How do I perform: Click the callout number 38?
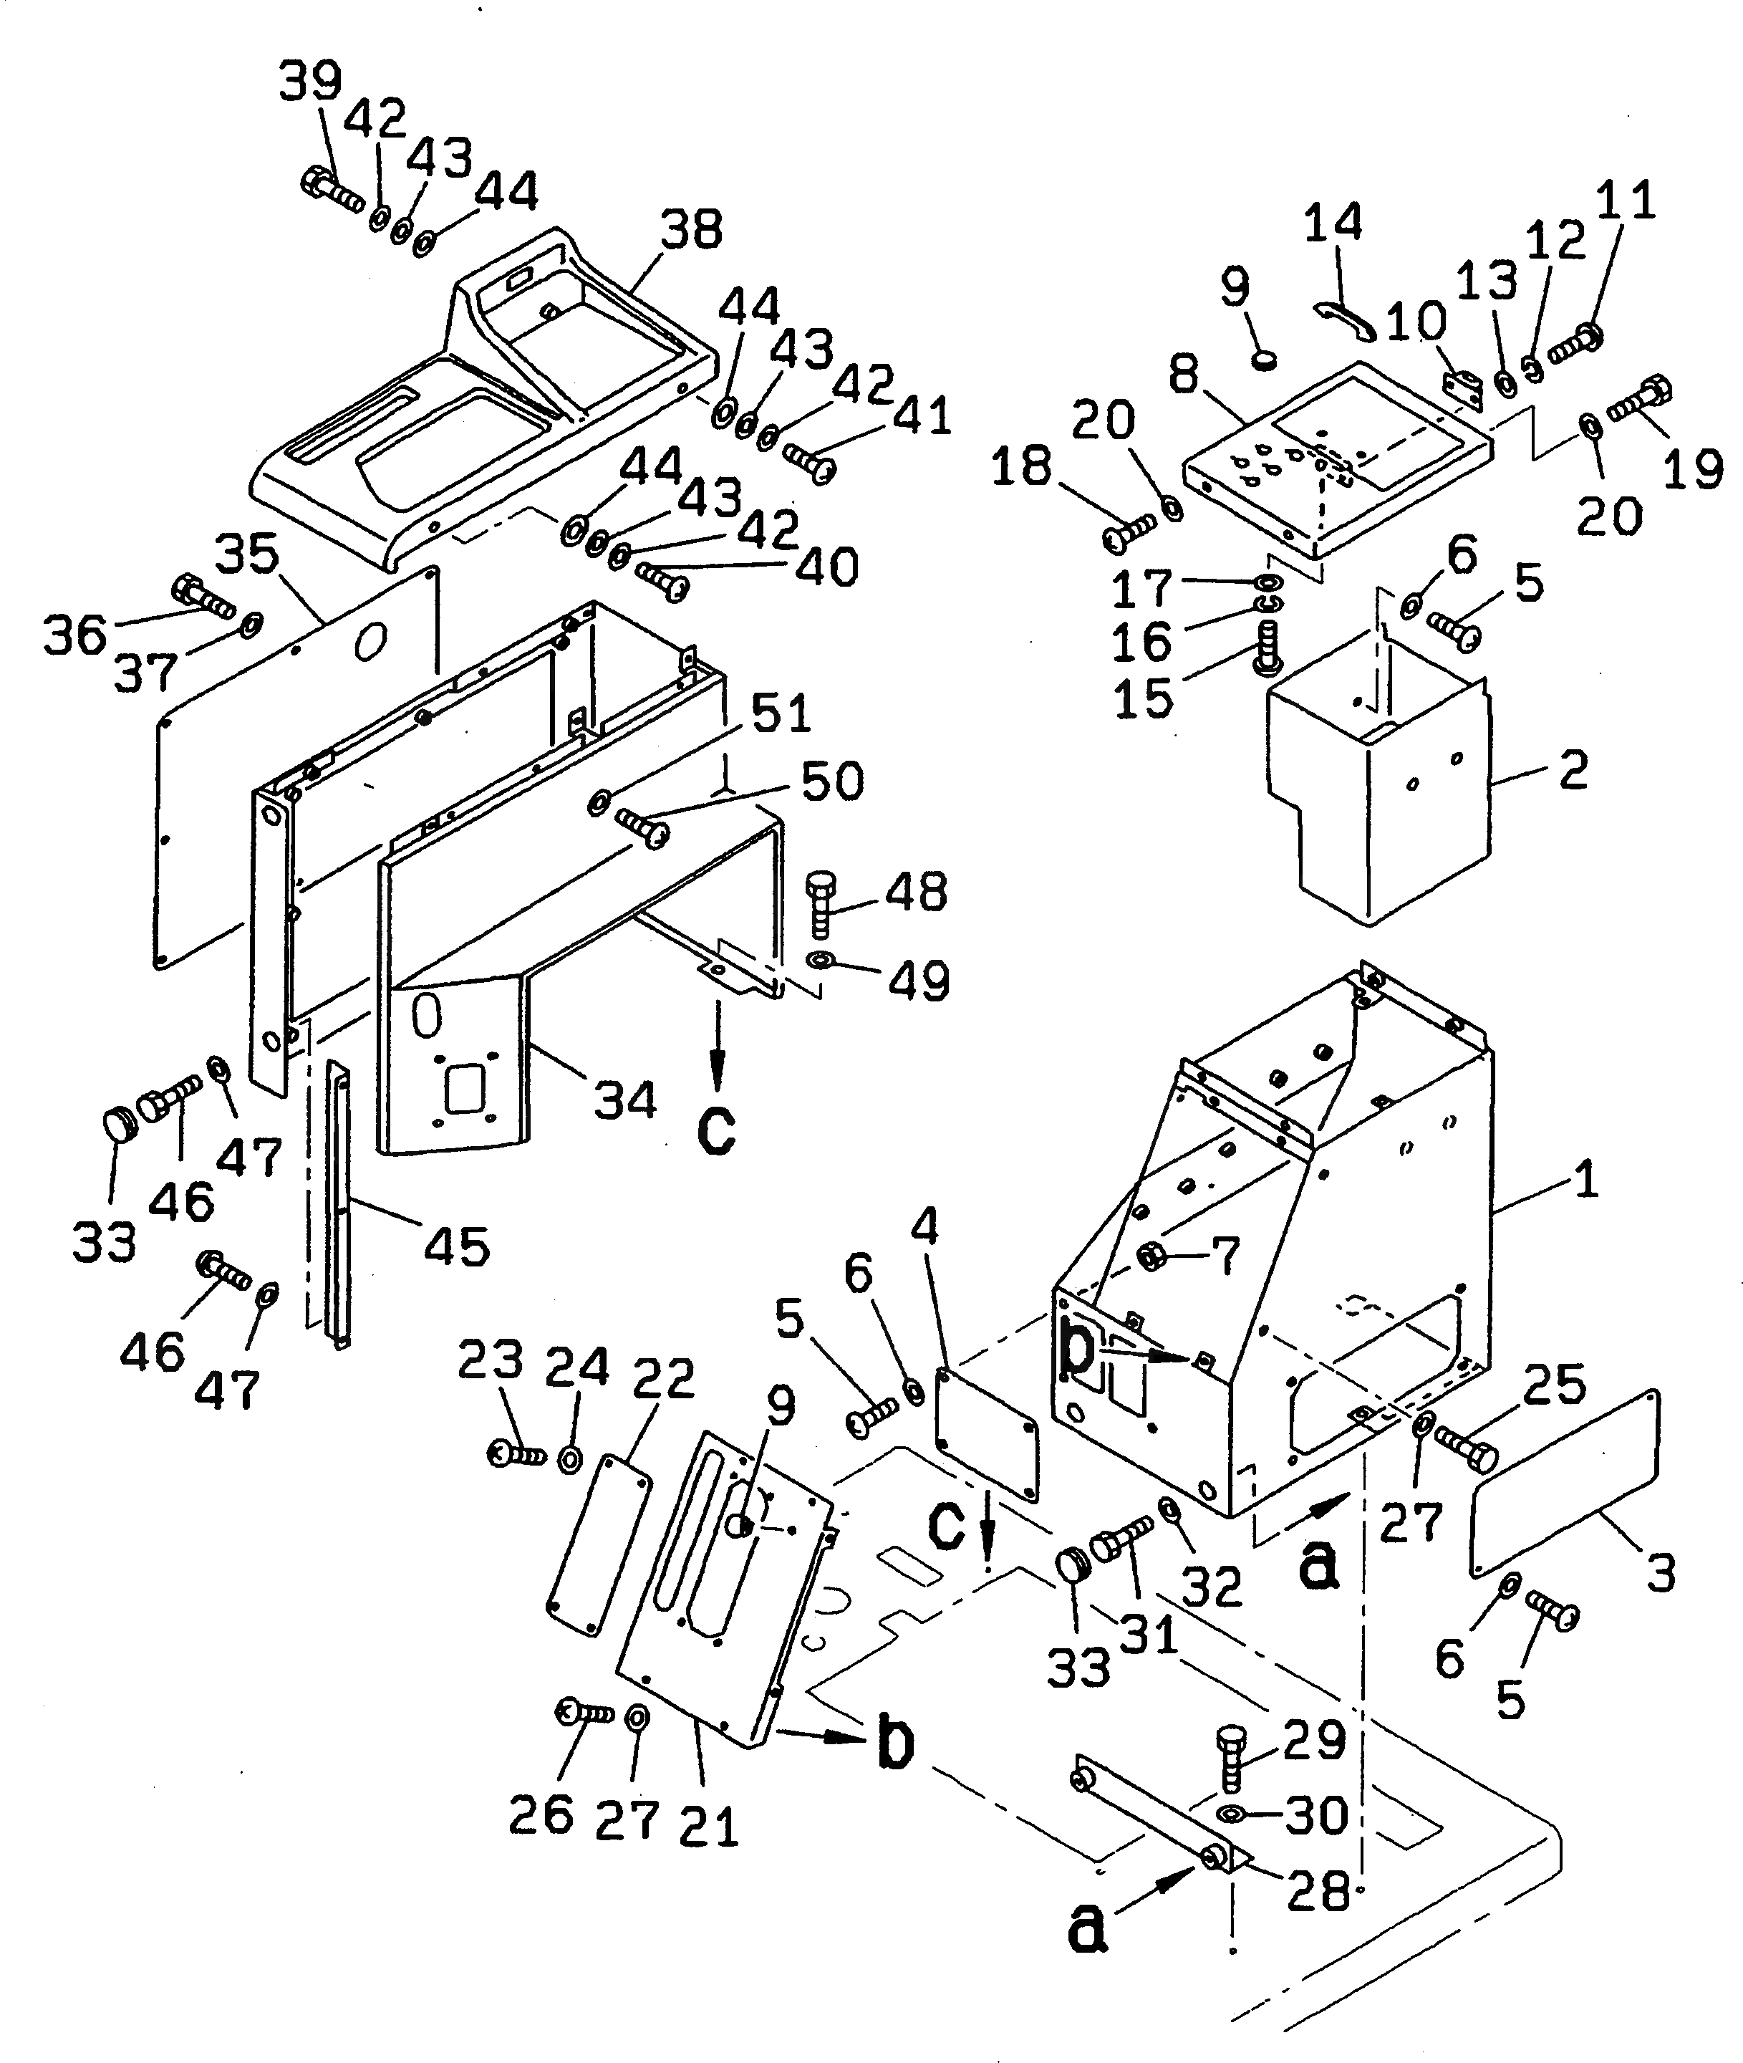(690, 229)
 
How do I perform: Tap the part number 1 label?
(1585, 1180)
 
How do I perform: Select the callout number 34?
(624, 1100)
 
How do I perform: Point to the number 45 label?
(456, 1246)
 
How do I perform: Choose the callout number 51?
(781, 713)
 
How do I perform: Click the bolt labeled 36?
(201, 596)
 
